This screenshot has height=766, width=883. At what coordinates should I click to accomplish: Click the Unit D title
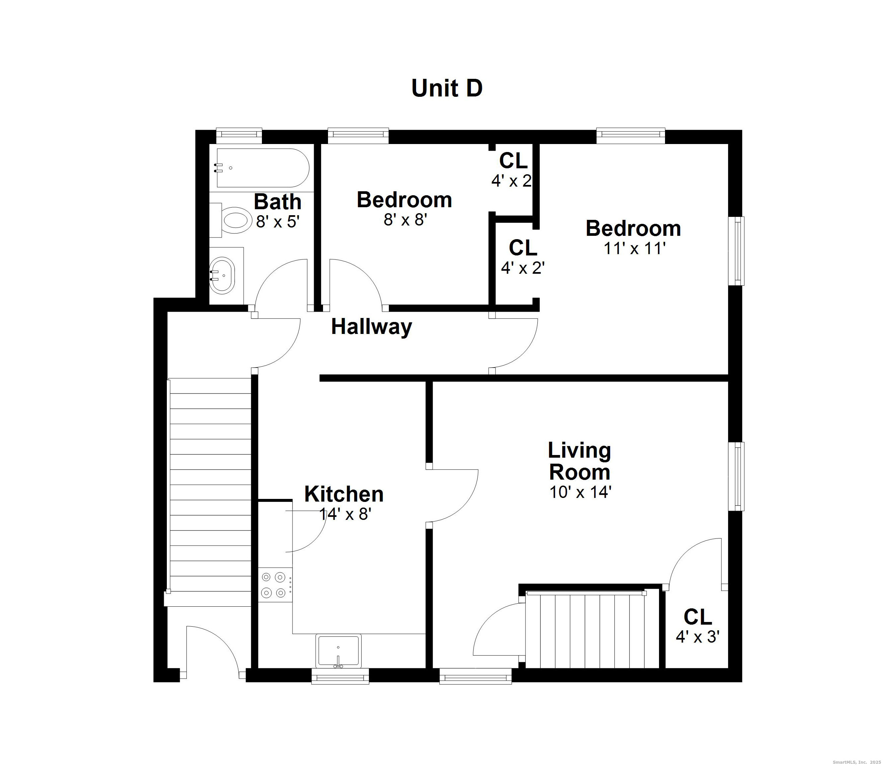click(447, 88)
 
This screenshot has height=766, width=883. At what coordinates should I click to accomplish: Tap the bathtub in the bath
click(263, 168)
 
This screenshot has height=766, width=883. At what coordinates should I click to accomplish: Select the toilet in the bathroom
click(230, 220)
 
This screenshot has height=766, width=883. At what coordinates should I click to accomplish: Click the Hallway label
click(372, 327)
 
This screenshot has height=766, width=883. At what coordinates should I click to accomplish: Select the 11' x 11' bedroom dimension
click(634, 248)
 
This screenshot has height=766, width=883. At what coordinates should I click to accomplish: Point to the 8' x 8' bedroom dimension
click(405, 220)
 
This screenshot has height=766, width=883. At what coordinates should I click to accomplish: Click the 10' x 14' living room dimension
click(580, 492)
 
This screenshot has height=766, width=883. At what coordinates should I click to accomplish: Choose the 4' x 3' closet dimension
click(698, 637)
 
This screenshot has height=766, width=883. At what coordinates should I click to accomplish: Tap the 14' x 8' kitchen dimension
click(345, 514)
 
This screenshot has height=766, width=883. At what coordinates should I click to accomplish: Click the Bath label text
click(277, 202)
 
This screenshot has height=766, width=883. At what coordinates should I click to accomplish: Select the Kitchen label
click(344, 494)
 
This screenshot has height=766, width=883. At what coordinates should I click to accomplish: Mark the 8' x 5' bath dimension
click(277, 222)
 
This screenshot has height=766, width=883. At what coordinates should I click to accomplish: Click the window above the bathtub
click(239, 135)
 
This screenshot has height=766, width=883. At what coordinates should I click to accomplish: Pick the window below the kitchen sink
click(340, 676)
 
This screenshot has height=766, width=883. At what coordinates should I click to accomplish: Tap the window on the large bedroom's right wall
click(736, 251)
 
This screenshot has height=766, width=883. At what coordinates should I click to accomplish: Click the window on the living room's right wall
click(736, 476)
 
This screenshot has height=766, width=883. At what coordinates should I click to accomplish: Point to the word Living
click(579, 451)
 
